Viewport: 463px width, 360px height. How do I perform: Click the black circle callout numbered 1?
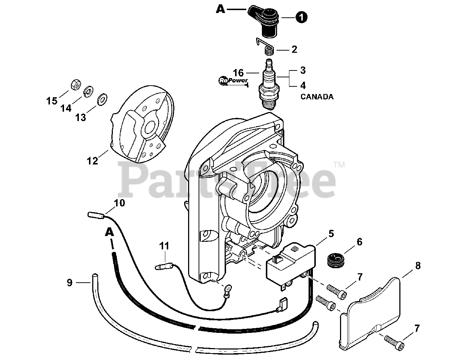click(301, 17)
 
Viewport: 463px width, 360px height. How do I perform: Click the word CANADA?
click(317, 97)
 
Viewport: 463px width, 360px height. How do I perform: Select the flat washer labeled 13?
click(102, 98)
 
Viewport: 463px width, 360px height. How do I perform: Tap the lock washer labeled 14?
click(88, 91)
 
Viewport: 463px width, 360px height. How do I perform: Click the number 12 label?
click(92, 160)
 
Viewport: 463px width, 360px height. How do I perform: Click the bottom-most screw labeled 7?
click(392, 340)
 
